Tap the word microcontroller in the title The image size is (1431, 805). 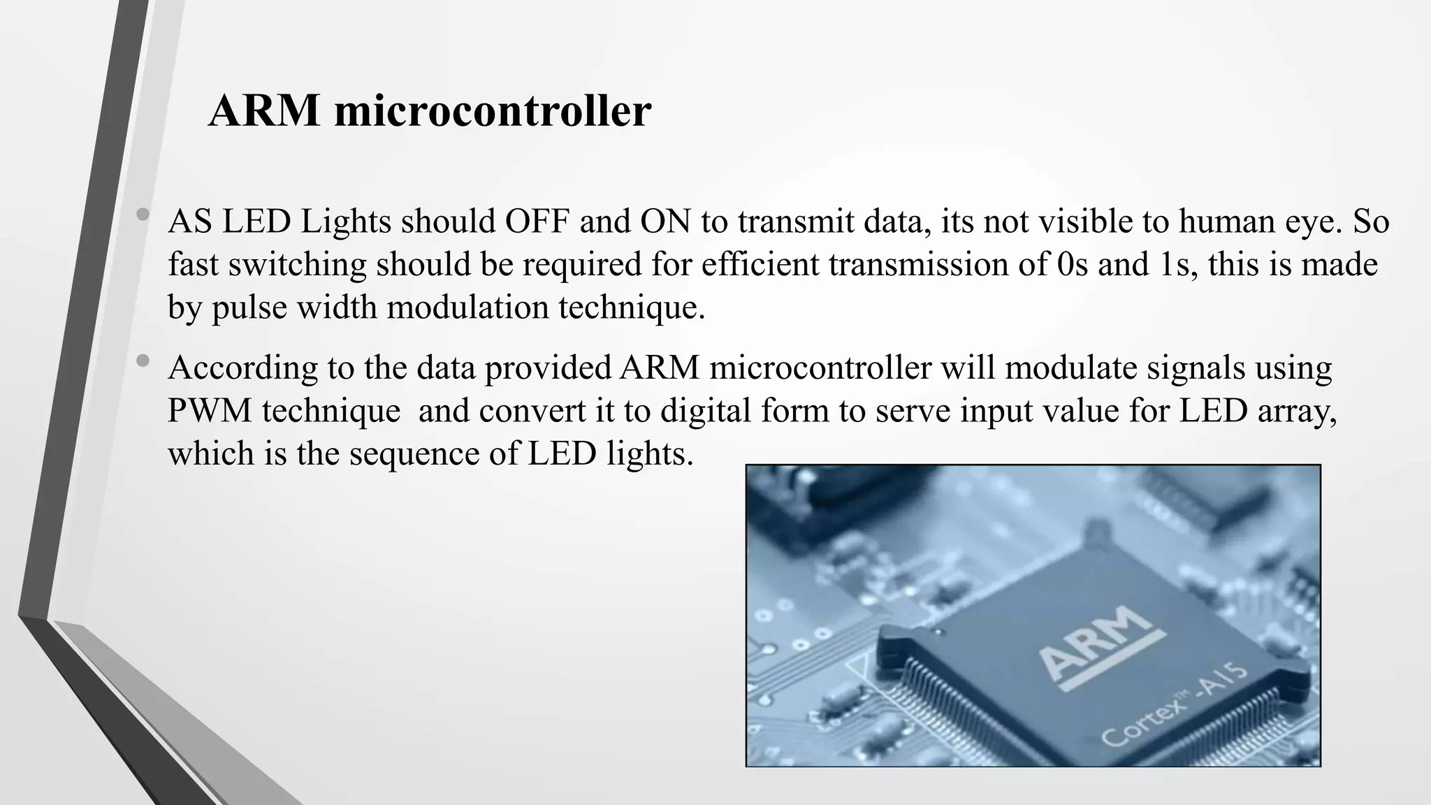click(x=493, y=110)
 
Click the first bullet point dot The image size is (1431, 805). click(x=143, y=215)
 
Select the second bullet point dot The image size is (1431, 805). click(x=143, y=361)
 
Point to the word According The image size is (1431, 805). click(x=242, y=368)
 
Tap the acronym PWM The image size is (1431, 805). click(x=209, y=411)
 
